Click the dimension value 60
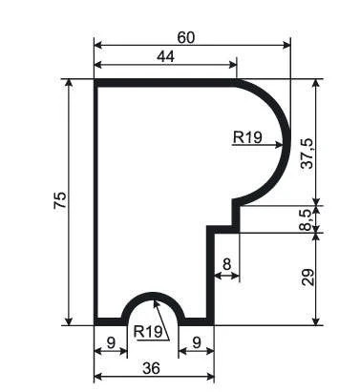coord(185,38)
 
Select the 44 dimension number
coord(166,57)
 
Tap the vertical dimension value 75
coord(60,200)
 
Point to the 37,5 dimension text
coord(307,154)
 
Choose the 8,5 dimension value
coord(307,219)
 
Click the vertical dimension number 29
coord(307,278)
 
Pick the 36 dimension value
coord(152,369)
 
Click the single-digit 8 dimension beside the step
coord(226,264)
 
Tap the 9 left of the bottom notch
coord(111,343)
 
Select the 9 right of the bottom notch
coord(197,343)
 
